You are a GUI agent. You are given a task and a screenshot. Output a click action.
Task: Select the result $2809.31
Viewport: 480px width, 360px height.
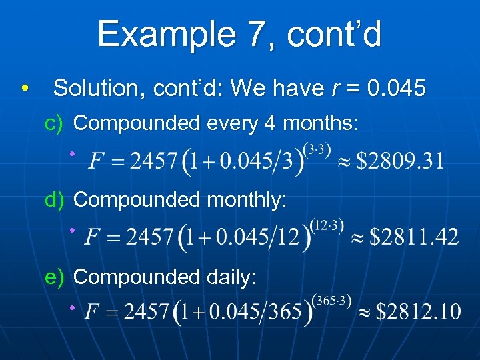coord(400,161)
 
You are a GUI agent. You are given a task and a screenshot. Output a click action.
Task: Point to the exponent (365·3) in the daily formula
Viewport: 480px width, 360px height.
coord(331,299)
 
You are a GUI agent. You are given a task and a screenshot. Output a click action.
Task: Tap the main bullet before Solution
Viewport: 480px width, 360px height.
coord(25,89)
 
